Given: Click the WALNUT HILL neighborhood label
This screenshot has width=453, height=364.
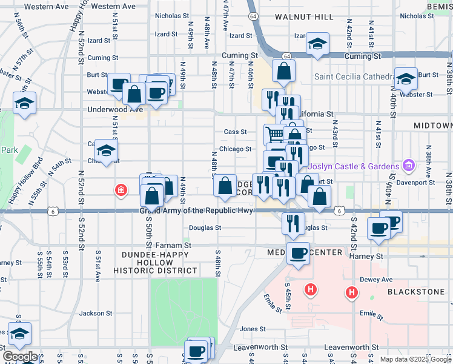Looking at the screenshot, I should pyautogui.click(x=303, y=17).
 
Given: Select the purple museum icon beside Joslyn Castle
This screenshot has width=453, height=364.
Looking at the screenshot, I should pyautogui.click(x=409, y=166).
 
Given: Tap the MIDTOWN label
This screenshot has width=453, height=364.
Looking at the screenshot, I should pyautogui.click(x=432, y=125).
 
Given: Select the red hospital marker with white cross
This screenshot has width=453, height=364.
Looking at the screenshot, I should pyautogui.click(x=122, y=190).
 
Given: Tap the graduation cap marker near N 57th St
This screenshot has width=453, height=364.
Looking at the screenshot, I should pyautogui.click(x=24, y=103).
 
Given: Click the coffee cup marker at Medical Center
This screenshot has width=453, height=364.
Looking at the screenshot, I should pyautogui.click(x=297, y=253).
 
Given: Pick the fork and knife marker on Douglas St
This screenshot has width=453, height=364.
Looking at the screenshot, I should pyautogui.click(x=293, y=223).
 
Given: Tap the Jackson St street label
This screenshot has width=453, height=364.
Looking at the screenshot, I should pyautogui.click(x=93, y=313).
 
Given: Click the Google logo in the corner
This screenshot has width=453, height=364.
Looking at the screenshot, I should pyautogui.click(x=20, y=357).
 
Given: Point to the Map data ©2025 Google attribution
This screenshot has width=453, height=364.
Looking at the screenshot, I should pyautogui.click(x=414, y=359).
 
